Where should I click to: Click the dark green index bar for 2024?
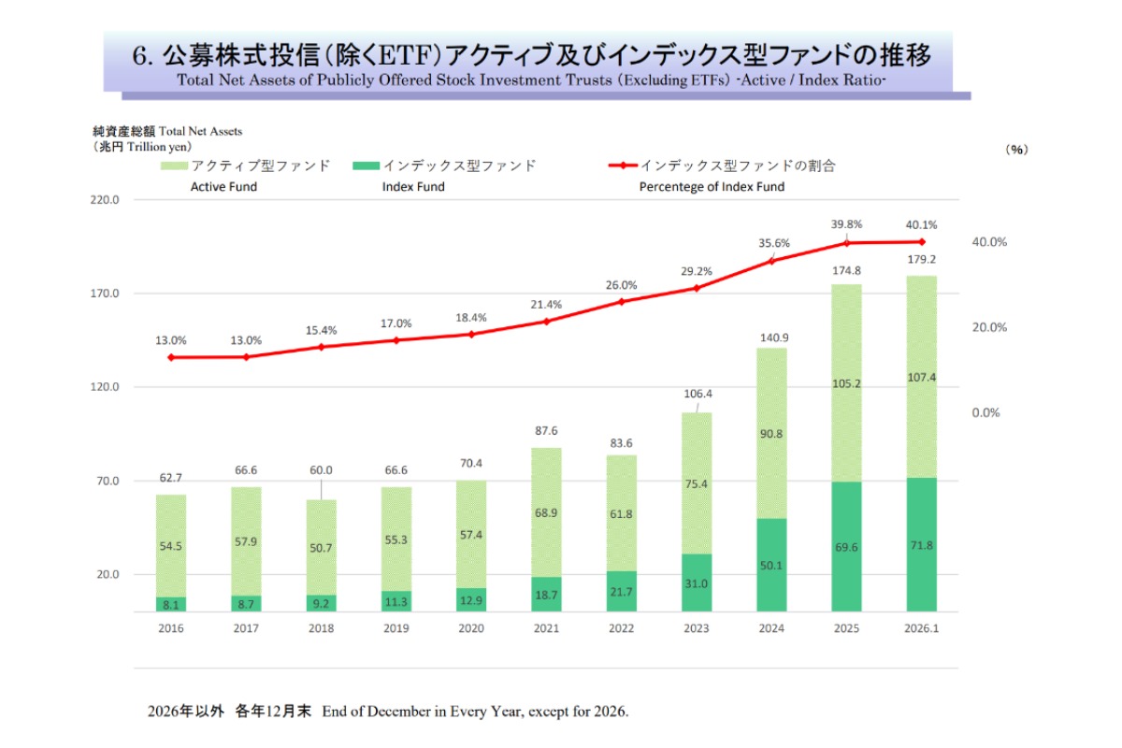click(x=771, y=565)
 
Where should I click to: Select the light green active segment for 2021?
click(x=546, y=512)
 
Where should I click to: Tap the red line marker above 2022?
click(x=621, y=301)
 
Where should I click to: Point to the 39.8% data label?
click(x=846, y=224)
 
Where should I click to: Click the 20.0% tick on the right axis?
click(x=989, y=327)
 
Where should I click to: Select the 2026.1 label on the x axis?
click(x=921, y=628)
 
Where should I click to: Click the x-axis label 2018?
click(x=321, y=628)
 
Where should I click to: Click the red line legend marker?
click(x=623, y=165)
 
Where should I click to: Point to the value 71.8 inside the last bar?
click(x=921, y=545)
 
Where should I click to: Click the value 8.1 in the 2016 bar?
click(x=171, y=605)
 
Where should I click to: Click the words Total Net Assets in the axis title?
click(x=201, y=132)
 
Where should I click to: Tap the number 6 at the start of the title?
click(x=140, y=56)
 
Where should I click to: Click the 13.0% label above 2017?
click(x=246, y=340)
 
